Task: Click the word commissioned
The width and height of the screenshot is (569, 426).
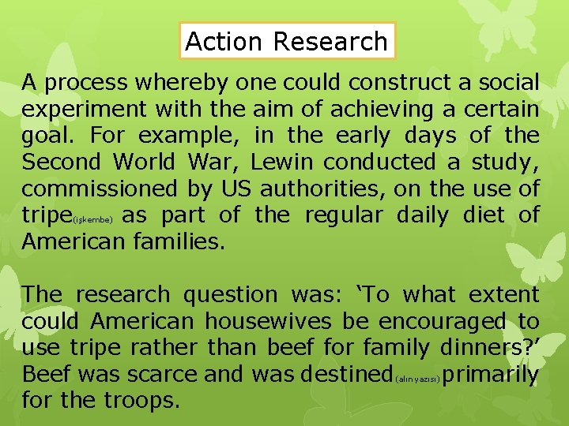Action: [x=100, y=189]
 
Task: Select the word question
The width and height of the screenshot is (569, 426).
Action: [x=232, y=295]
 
